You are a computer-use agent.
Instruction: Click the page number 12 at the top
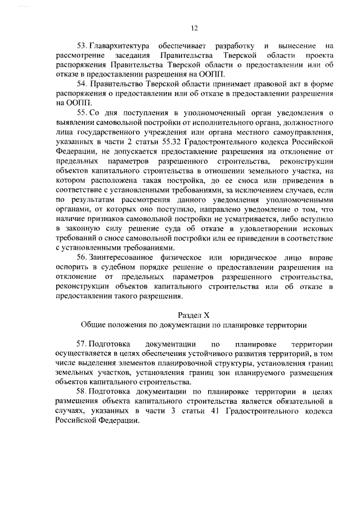coord(194,26)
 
